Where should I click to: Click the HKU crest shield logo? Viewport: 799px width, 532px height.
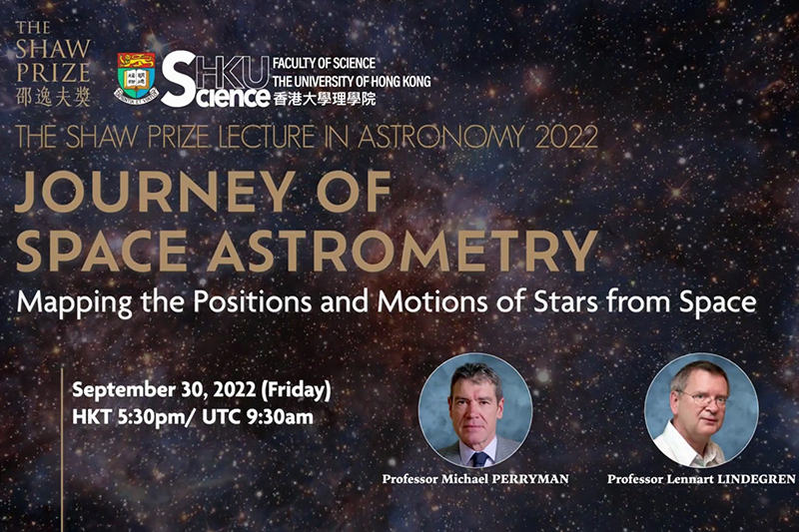[136, 78]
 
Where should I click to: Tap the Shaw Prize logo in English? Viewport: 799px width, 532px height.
[53, 52]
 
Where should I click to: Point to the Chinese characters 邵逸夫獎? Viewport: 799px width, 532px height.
[53, 97]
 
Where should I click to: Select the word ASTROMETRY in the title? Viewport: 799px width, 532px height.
[402, 251]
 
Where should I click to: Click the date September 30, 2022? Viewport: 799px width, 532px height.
[164, 390]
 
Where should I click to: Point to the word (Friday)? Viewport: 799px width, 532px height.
[296, 390]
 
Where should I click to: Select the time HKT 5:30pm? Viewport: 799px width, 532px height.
[130, 417]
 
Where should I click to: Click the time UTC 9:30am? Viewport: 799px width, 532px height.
[258, 417]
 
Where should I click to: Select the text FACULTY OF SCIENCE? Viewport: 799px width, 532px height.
[324, 63]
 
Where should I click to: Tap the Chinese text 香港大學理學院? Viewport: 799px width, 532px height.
[324, 98]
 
